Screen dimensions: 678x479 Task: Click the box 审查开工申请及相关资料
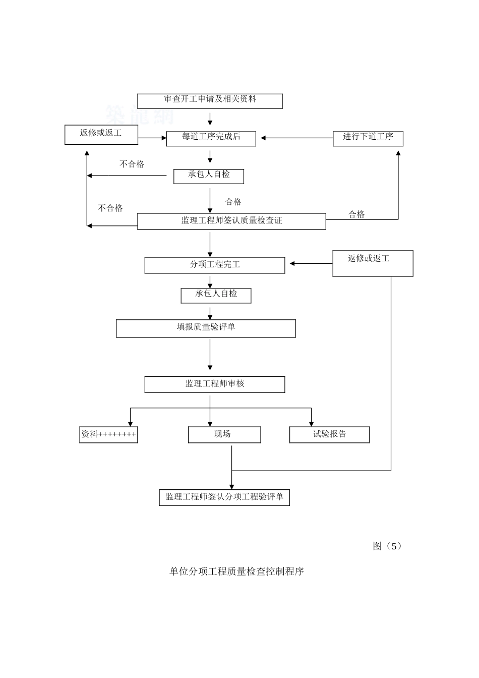click(x=210, y=101)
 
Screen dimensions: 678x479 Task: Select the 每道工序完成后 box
click(x=211, y=138)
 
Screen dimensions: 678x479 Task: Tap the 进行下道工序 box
click(x=368, y=139)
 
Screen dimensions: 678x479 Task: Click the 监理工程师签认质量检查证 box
click(x=231, y=221)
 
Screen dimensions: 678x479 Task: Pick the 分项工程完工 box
click(x=214, y=265)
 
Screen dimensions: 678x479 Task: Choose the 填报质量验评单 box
click(x=206, y=328)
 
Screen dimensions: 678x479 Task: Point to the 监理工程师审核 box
click(x=214, y=384)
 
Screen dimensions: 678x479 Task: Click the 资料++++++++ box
click(x=108, y=435)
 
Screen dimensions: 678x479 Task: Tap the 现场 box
click(x=224, y=435)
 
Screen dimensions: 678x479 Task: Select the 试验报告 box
click(x=329, y=435)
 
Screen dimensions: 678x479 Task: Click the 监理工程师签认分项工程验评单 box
click(x=224, y=497)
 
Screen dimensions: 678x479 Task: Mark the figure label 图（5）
click(x=387, y=546)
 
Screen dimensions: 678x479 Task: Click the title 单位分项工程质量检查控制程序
click(x=236, y=572)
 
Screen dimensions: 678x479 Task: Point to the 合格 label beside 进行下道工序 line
click(x=356, y=214)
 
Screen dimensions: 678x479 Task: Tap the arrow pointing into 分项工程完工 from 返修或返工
click(x=311, y=263)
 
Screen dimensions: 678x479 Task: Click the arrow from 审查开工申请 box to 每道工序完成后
click(x=210, y=119)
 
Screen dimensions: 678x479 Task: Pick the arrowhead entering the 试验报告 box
click(x=311, y=423)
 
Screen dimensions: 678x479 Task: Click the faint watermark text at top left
click(x=140, y=115)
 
